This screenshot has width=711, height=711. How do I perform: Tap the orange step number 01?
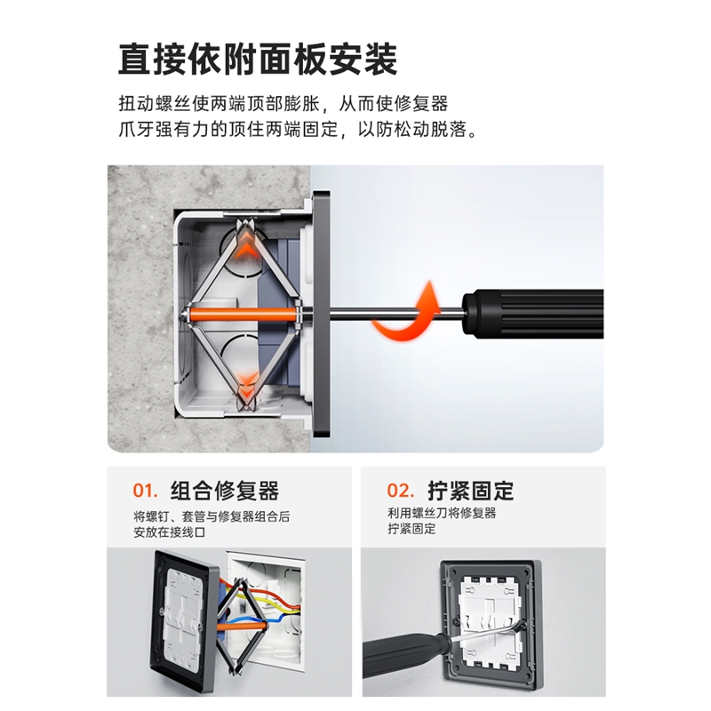click(x=145, y=491)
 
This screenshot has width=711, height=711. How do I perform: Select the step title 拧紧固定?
click(x=470, y=491)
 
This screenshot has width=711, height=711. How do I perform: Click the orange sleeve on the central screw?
click(x=240, y=313)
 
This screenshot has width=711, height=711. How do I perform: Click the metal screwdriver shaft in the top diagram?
click(x=391, y=313)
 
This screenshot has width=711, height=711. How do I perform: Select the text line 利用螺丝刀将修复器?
click(x=442, y=514)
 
